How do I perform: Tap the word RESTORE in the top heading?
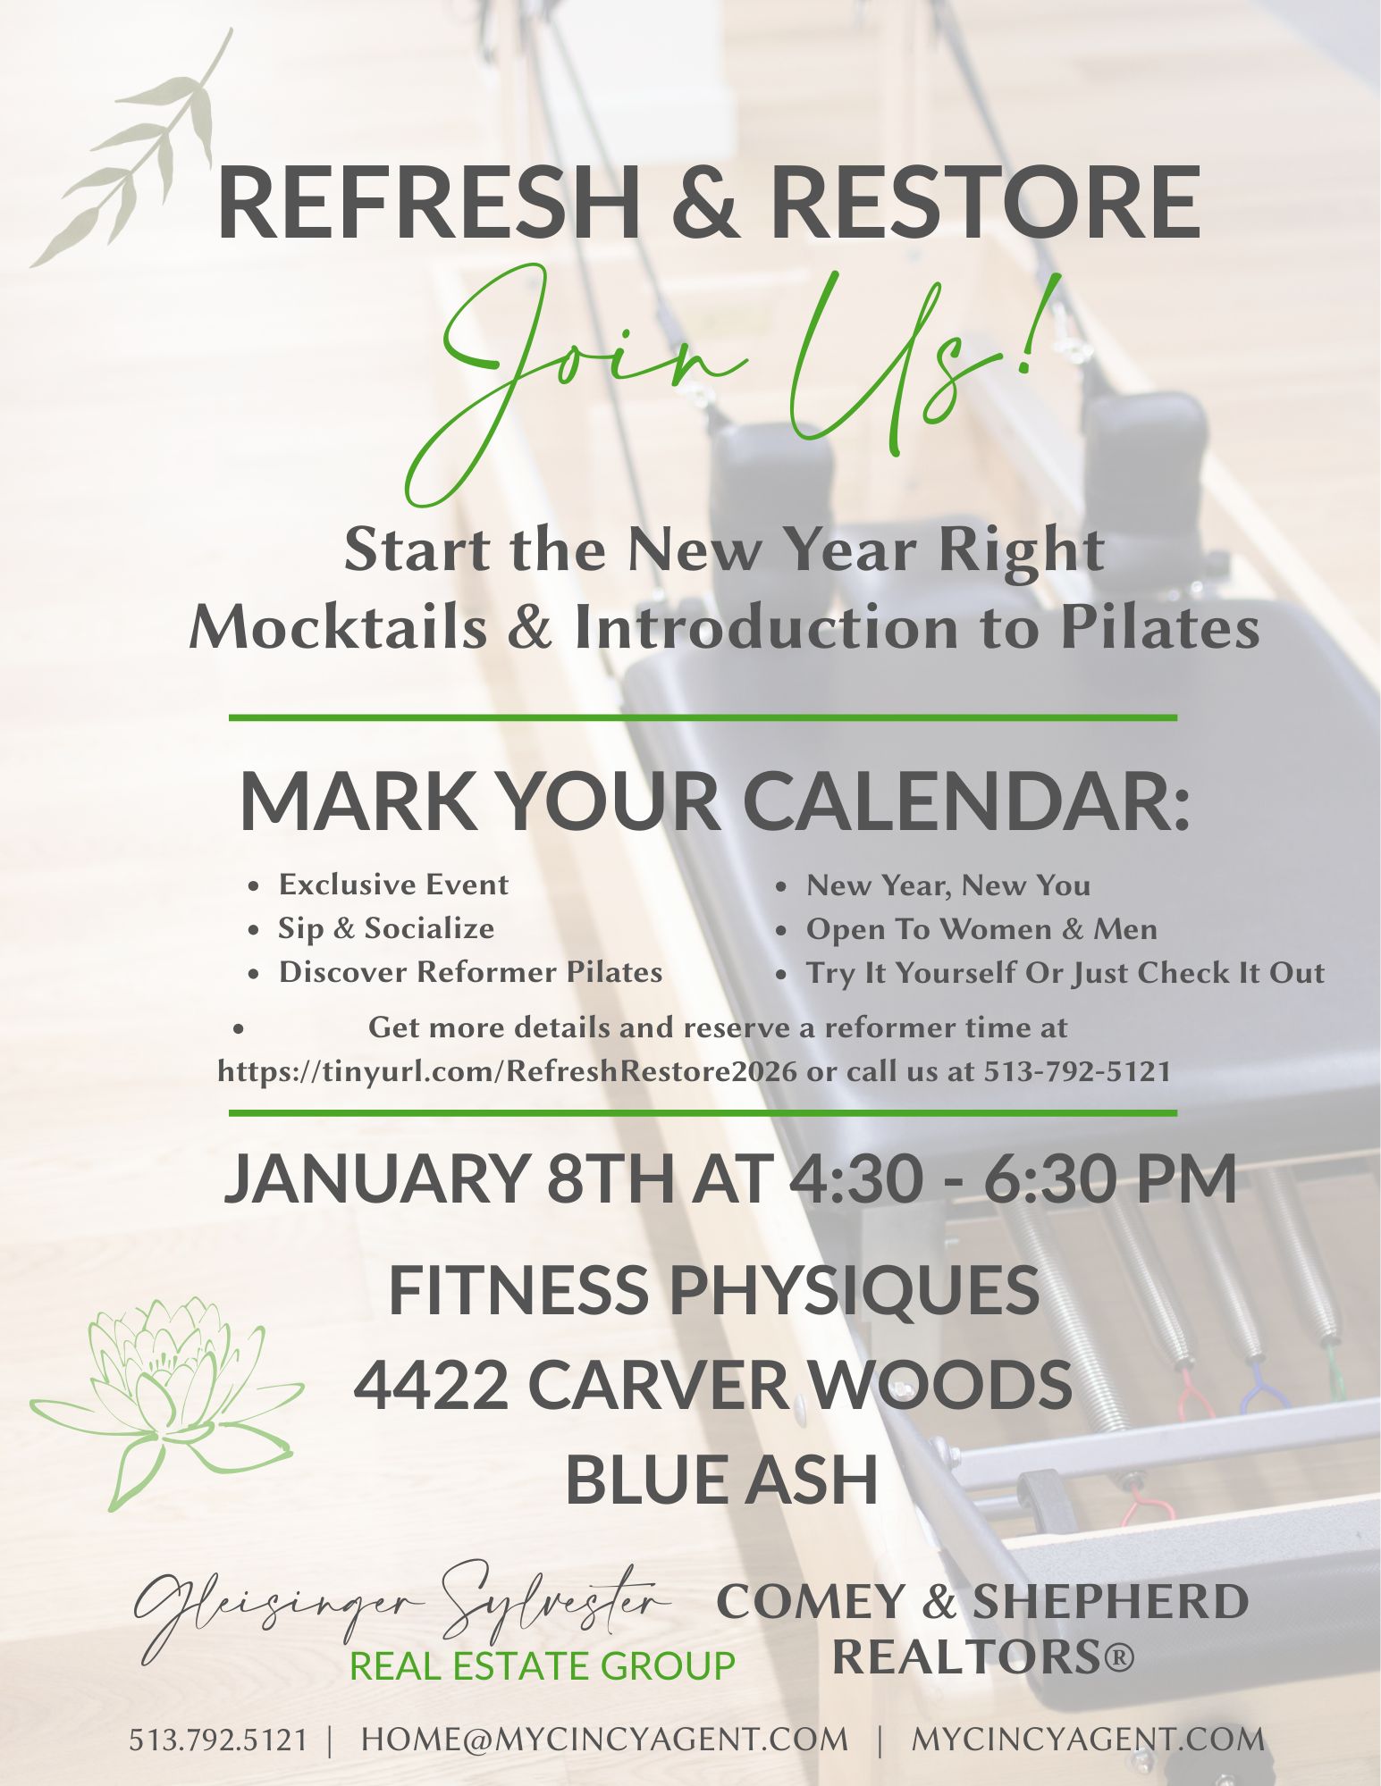[986, 201]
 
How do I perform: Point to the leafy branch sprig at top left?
[134, 152]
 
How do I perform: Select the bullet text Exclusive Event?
[393, 885]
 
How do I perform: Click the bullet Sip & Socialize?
[386, 928]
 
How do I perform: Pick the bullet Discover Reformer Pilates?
[470, 972]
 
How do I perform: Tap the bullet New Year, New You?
[948, 885]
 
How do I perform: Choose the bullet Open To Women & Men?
[981, 929]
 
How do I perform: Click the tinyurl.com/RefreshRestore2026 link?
[507, 1071]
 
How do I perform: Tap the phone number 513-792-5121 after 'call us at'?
[1077, 1071]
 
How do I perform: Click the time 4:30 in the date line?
[855, 1178]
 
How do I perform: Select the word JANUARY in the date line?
[376, 1178]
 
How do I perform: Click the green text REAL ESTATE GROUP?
[542, 1666]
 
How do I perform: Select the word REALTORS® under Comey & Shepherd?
[983, 1656]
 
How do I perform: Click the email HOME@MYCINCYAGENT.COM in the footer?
[604, 1740]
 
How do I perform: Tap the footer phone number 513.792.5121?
[218, 1740]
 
